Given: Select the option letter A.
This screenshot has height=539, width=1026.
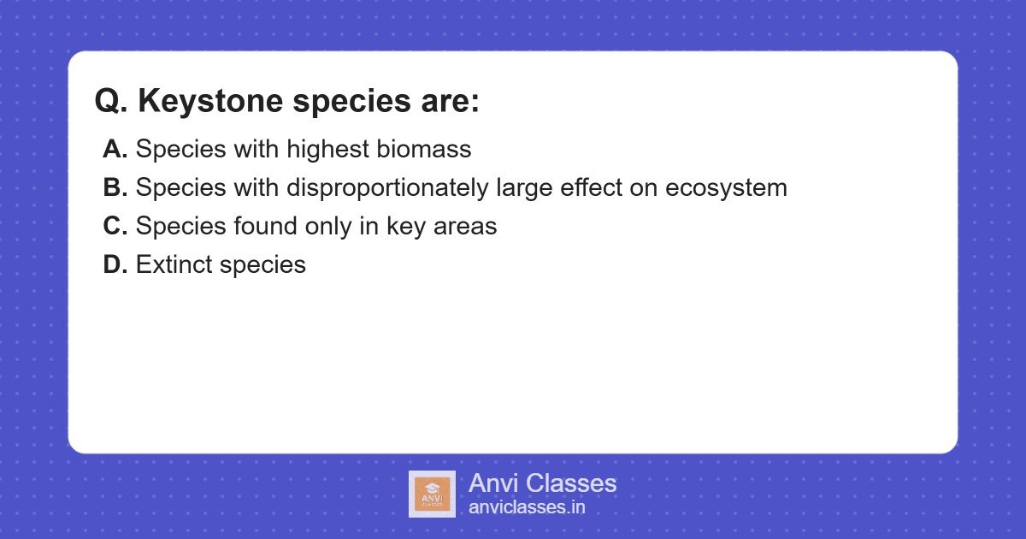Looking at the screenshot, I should (x=115, y=149).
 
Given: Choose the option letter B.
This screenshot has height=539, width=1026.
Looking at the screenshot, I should (x=115, y=187).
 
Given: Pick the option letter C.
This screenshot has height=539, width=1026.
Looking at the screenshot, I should (x=115, y=226).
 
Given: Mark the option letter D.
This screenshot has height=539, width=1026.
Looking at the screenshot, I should (x=115, y=264).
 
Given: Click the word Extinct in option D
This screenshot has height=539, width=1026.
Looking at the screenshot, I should (x=174, y=264).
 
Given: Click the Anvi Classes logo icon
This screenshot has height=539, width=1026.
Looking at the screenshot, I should (x=432, y=494).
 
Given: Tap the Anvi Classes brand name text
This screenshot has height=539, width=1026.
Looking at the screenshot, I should (x=542, y=483).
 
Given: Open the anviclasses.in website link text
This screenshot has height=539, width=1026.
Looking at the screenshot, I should (x=527, y=506).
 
